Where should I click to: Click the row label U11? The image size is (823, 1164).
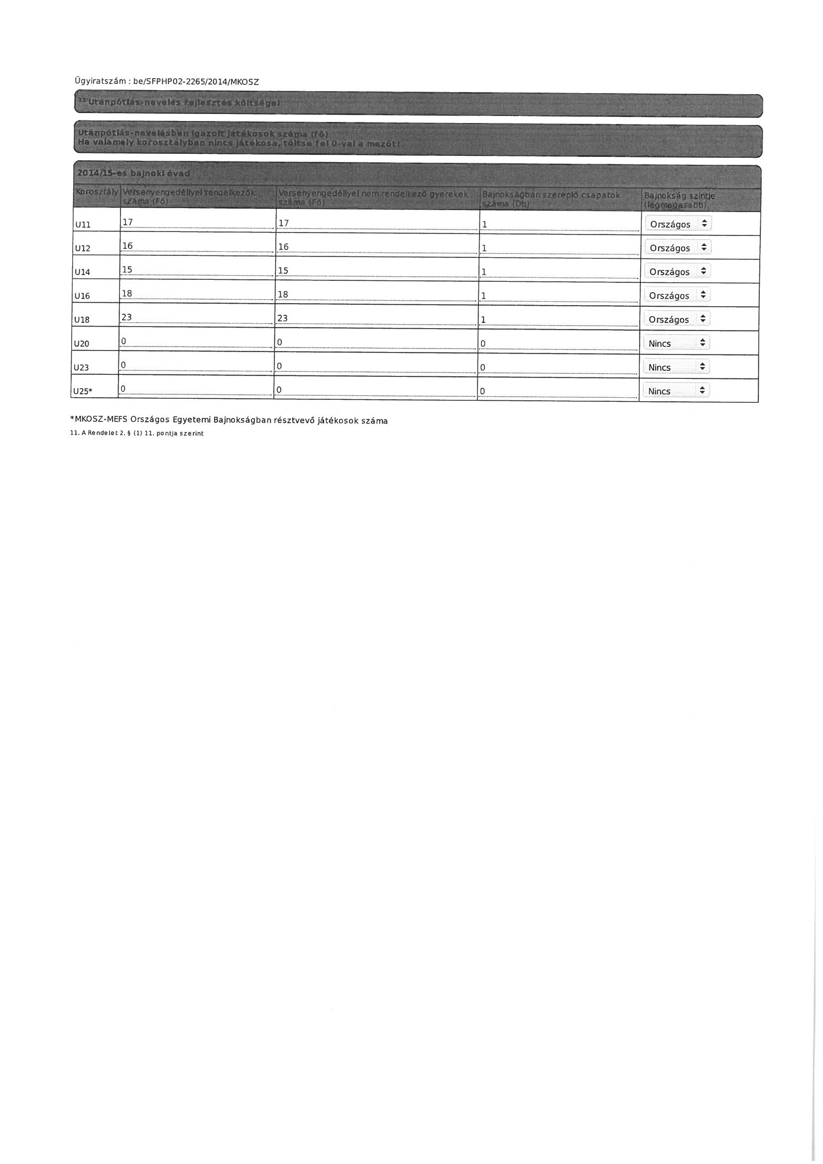coord(82,225)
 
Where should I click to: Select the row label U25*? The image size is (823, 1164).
coord(83,391)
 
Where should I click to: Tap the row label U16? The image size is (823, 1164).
coord(82,296)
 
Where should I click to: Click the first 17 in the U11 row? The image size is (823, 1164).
coord(127,222)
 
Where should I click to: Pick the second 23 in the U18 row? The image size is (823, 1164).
coord(283,318)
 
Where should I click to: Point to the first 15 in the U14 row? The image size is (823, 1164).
coord(127,270)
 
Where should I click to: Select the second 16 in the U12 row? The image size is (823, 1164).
coord(283,247)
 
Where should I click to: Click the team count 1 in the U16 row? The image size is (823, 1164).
coord(484,296)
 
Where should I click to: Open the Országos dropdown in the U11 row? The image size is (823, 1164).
coord(678,224)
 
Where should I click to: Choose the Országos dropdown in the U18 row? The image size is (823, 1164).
coord(677,320)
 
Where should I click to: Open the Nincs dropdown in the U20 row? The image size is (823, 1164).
coord(677,344)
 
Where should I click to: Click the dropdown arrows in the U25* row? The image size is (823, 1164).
coord(703,391)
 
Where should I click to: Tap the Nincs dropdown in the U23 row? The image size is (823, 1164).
coord(677,367)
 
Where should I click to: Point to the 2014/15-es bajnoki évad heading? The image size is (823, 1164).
coord(133,173)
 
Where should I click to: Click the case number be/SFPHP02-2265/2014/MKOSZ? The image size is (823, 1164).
coord(196,82)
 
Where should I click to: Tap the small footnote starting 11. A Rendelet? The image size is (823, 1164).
coord(137,434)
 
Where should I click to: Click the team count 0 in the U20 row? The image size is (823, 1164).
coord(483,344)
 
